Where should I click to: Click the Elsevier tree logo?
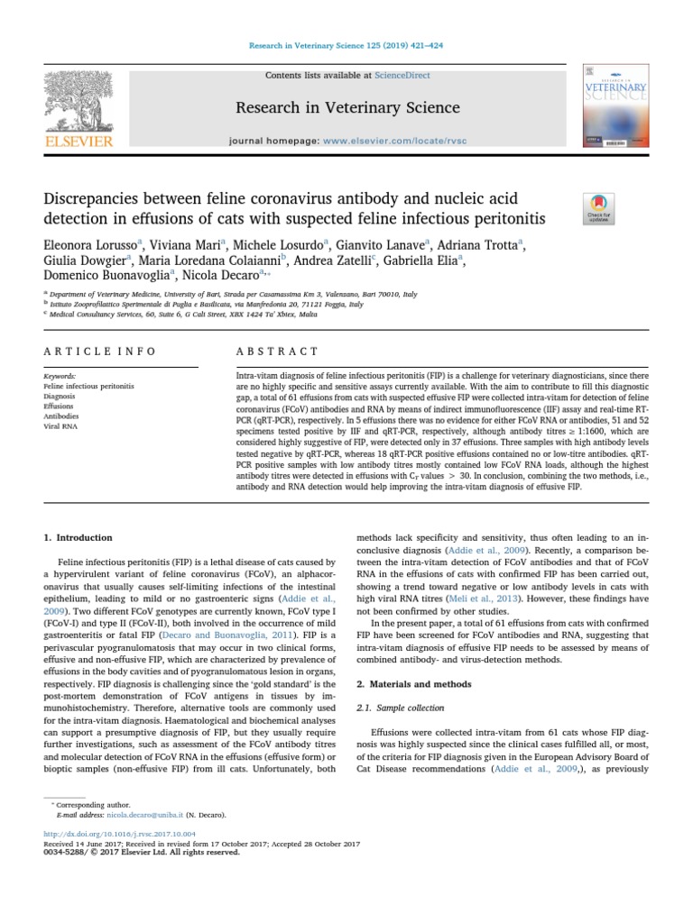point(79,104)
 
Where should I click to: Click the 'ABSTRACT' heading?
point(277,352)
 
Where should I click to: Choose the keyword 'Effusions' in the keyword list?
point(60,407)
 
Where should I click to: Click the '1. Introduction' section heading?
point(79,538)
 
